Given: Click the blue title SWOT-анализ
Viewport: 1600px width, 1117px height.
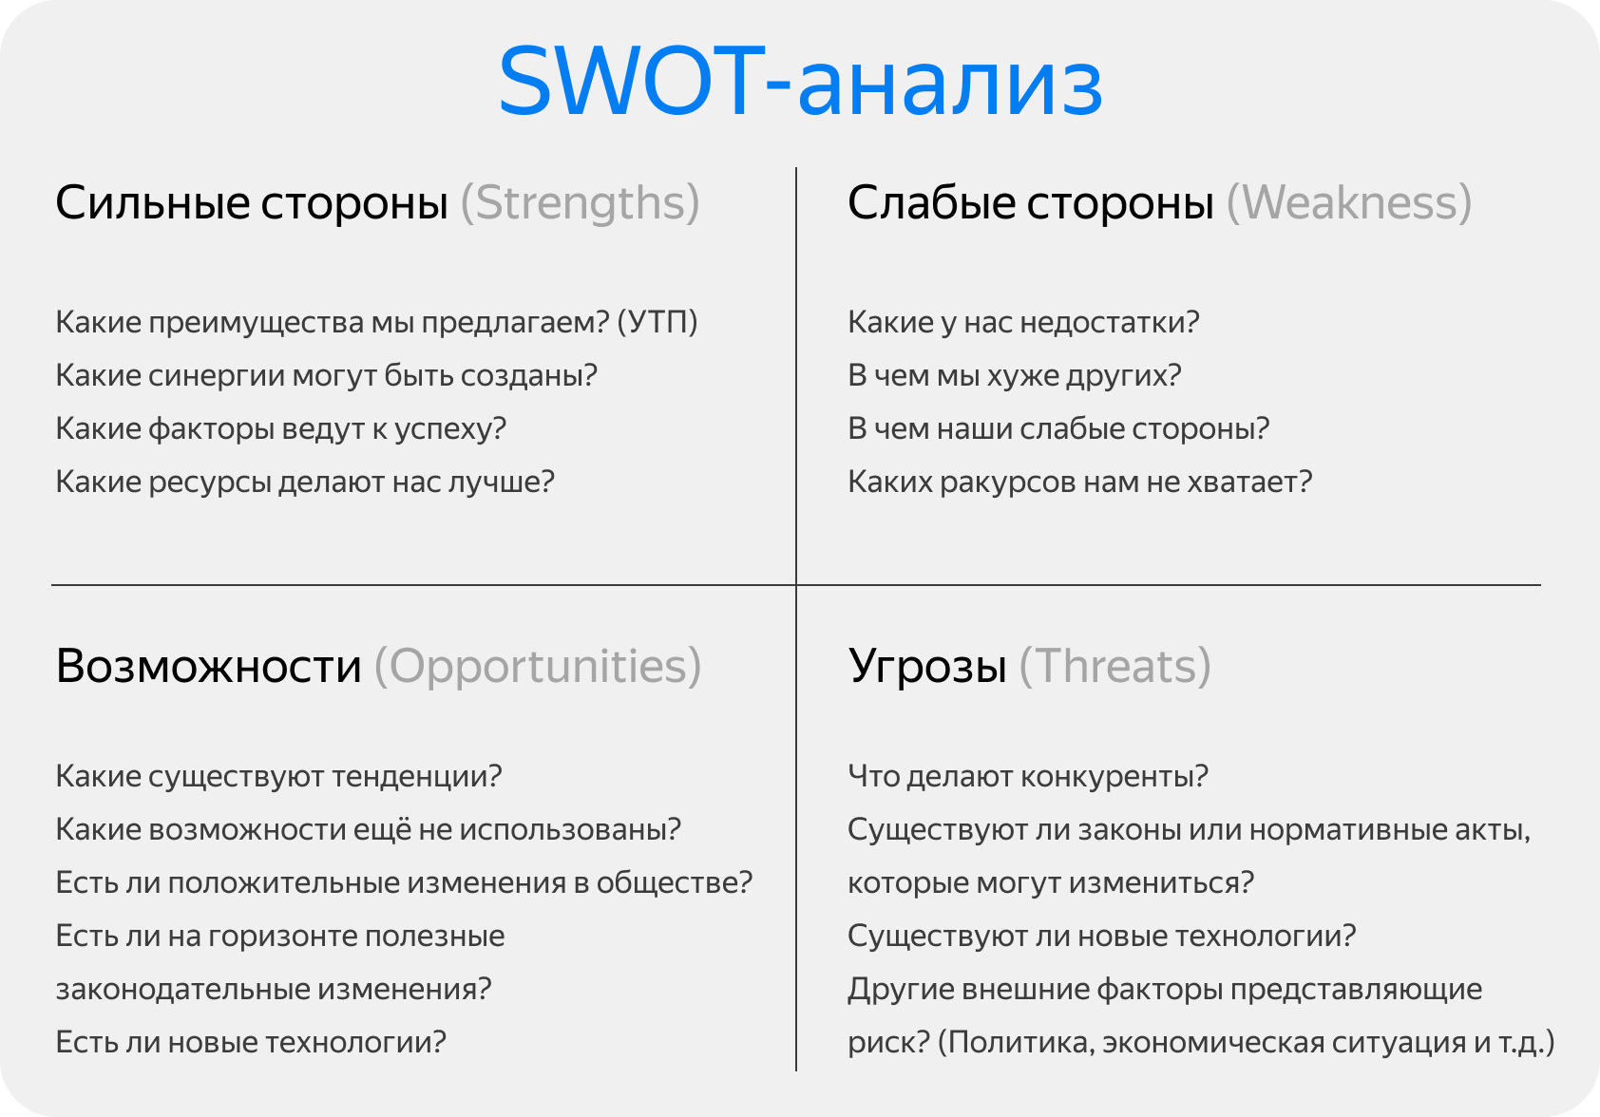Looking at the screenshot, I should pos(800,84).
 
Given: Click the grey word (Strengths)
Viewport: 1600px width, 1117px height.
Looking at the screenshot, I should pos(580,203).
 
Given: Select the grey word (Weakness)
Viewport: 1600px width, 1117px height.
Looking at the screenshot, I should pos(1349,203).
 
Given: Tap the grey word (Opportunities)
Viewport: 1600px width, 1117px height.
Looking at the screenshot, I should pos(538,667).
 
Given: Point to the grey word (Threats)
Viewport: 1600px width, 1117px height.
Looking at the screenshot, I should pos(1114,667).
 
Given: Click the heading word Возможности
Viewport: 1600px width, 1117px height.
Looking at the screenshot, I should pos(209,667).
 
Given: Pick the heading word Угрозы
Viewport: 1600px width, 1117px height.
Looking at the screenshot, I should pos(927,667).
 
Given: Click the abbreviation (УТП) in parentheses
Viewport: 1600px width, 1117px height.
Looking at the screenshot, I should pos(657,322).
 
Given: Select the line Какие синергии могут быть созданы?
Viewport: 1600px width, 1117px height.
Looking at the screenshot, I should pos(326,375).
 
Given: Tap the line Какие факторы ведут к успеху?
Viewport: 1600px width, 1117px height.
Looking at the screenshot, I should pos(281,428).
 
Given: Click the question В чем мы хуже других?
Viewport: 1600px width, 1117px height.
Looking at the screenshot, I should pos(1015,375).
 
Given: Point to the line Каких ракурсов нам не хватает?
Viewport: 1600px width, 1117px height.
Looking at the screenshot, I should pos(1079,482).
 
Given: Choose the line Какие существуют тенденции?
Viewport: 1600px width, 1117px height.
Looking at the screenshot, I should pos(278,776).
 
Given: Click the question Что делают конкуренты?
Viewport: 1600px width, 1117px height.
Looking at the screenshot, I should pos(1028,776).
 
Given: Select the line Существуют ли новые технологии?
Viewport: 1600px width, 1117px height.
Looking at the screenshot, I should pos(1102,936).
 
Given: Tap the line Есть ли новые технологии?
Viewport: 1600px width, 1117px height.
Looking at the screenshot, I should pos(251,1042).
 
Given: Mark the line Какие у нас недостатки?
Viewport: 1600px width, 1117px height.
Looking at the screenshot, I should pos(1023,322).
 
